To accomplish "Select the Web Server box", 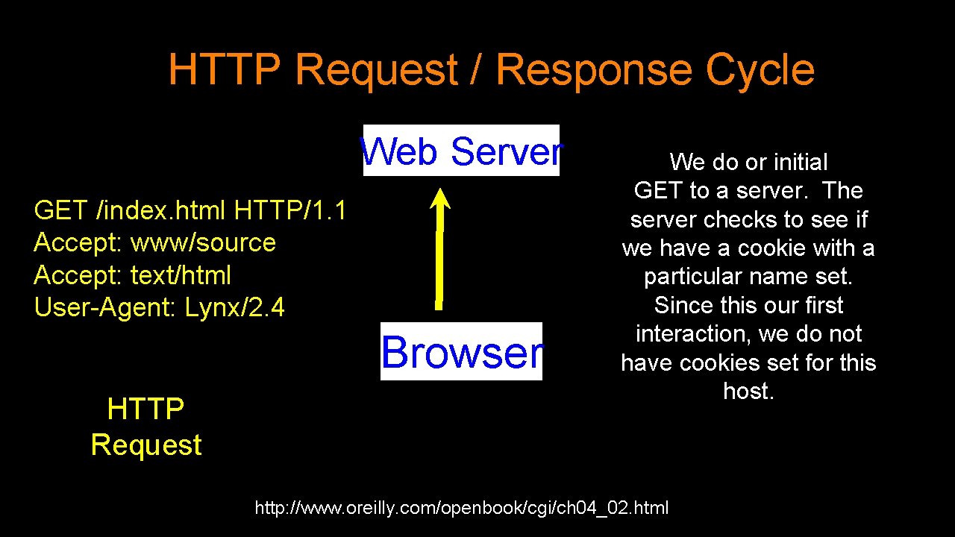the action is coord(461,151).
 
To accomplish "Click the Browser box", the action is coord(461,351).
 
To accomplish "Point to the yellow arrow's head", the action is coord(441,200).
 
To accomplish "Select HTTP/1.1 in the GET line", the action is coord(289,211).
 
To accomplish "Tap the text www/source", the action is coord(203,243).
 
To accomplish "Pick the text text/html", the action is coord(181,275).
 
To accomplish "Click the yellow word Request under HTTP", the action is coord(146,445).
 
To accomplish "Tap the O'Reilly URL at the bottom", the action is coord(462,509).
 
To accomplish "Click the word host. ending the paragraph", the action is coord(748,391).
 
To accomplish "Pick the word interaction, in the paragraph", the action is coord(693,333).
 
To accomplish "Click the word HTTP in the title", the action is coord(225,70).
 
